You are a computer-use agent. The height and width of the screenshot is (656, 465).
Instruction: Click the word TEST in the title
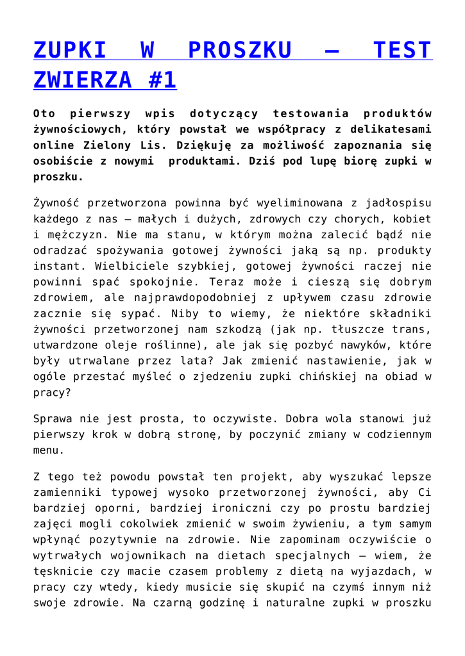pos(402,50)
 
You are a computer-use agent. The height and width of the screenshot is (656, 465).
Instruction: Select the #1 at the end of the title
pos(161,79)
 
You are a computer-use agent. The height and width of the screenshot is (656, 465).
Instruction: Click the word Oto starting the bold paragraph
pos(44,114)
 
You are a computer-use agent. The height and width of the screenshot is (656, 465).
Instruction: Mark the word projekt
pos(265,477)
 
